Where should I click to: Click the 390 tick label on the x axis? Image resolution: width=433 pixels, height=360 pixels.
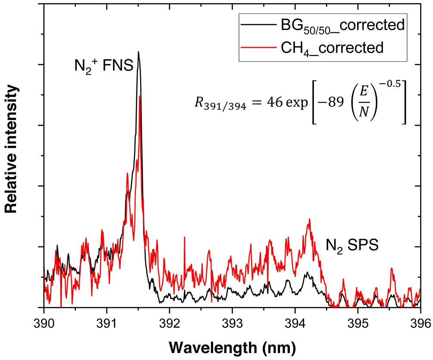tap(44, 322)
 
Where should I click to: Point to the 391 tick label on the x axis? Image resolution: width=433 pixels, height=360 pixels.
tap(107, 322)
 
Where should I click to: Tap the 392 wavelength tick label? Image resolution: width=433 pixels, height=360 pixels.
tap(169, 322)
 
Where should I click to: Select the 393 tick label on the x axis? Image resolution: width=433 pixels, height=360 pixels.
tap(232, 322)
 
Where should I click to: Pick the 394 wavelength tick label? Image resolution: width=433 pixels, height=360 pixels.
tap(295, 322)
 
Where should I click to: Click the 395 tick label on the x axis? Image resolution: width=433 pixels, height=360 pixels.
tap(358, 322)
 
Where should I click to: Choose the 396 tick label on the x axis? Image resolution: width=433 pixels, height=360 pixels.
tap(420, 322)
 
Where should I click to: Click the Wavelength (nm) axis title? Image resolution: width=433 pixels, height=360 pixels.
tap(232, 346)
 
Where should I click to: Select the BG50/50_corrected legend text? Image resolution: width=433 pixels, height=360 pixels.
tap(340, 25)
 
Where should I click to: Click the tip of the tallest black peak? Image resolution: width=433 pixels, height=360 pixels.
tap(138, 52)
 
